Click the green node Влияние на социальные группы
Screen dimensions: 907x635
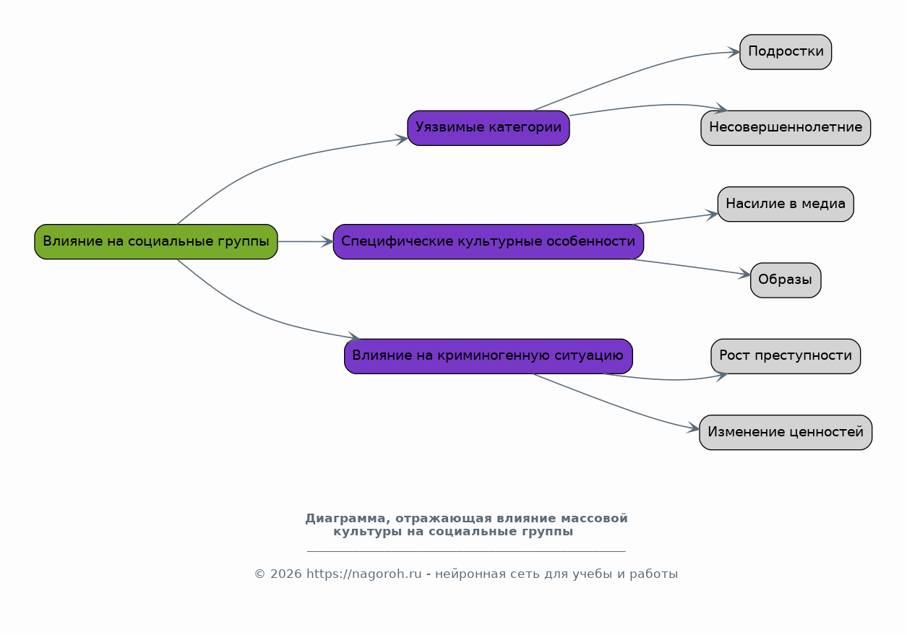point(156,241)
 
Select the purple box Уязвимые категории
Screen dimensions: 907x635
point(489,128)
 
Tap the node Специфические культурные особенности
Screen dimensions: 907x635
point(489,241)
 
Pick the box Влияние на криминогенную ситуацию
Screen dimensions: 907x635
point(489,356)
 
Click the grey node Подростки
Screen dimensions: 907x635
point(786,52)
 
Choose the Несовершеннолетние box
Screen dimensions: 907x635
point(786,128)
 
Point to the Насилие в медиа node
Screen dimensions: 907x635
point(786,204)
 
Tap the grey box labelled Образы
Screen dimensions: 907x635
point(786,280)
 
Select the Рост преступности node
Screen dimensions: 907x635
point(786,356)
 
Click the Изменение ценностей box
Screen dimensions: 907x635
point(786,432)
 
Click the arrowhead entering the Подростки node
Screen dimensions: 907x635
point(734,52)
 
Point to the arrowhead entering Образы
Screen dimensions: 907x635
point(744,274)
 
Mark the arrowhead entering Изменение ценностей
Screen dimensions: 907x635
point(693,428)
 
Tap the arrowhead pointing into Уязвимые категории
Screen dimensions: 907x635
point(401,139)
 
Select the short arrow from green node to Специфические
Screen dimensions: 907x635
point(305,241)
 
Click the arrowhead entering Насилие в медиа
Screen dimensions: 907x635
point(711,215)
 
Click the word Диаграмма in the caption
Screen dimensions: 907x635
point(345,519)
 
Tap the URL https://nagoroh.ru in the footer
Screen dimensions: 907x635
point(364,574)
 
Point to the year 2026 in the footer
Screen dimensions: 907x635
point(286,574)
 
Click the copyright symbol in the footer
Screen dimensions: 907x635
point(260,574)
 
